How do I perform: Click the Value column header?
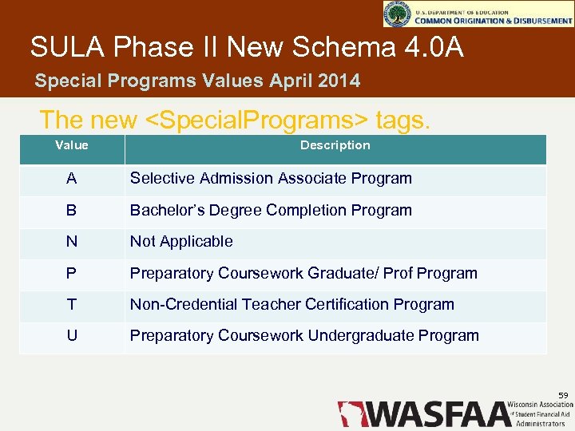72,145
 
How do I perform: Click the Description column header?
335,145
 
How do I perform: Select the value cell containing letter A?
72,179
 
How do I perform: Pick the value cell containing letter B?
72,211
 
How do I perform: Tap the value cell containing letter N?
72,242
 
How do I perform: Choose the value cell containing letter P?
72,273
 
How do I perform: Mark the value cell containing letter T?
72,305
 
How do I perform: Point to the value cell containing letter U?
72,336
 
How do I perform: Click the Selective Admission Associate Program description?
271,179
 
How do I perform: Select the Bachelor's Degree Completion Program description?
271,211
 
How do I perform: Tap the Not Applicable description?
181,242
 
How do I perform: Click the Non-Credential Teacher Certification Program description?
291,305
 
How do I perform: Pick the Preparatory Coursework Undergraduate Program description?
304,336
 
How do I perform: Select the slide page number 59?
563,395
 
